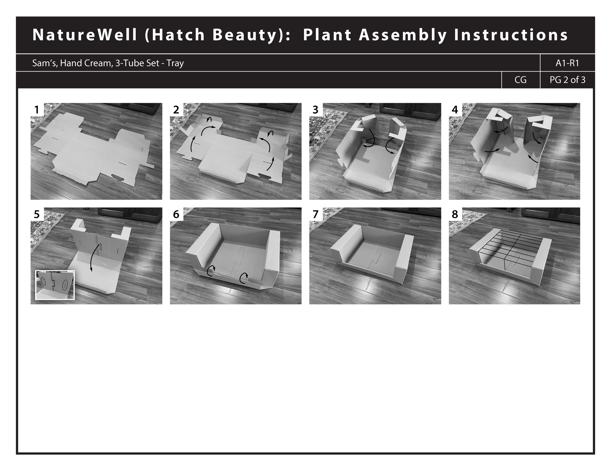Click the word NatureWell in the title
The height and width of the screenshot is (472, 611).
pyautogui.click(x=85, y=35)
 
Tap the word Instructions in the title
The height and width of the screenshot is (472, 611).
pyautogui.click(x=511, y=35)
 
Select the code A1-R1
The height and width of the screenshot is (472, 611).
pyautogui.click(x=567, y=63)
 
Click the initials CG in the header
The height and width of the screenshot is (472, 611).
pyautogui.click(x=520, y=80)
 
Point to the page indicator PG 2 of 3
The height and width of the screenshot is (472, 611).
pyautogui.click(x=567, y=80)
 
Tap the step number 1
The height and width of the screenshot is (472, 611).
pyautogui.click(x=37, y=110)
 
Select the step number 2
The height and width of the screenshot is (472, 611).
pyautogui.click(x=176, y=110)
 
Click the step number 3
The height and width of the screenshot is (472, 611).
pyautogui.click(x=315, y=110)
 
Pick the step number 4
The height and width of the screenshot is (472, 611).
pyautogui.click(x=455, y=110)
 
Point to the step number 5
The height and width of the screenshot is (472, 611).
pyautogui.click(x=37, y=215)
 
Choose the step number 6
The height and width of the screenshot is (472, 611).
pyautogui.click(x=176, y=215)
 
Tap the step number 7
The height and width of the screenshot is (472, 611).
pyautogui.click(x=316, y=215)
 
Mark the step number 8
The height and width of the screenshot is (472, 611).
pyautogui.click(x=455, y=215)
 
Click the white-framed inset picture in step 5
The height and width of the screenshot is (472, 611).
pyautogui.click(x=55, y=285)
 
